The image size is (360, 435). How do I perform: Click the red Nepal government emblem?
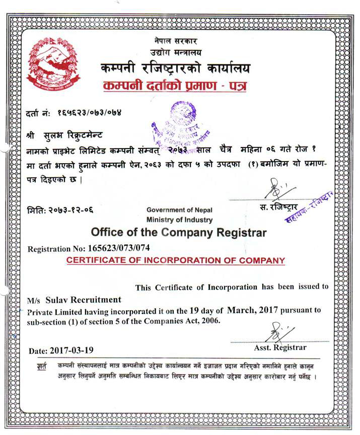pyautogui.click(x=46, y=63)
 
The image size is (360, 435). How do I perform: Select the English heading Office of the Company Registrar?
pyautogui.click(x=179, y=233)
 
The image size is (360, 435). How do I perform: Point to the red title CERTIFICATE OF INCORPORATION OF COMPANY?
pyautogui.click(x=176, y=261)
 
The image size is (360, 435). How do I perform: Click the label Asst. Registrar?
pyautogui.click(x=280, y=347)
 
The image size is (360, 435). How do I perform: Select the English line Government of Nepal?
pyautogui.click(x=179, y=210)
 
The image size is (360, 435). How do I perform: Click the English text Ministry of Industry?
pyautogui.click(x=179, y=220)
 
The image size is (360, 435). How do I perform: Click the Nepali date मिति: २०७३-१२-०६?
pyautogui.click(x=60, y=209)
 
